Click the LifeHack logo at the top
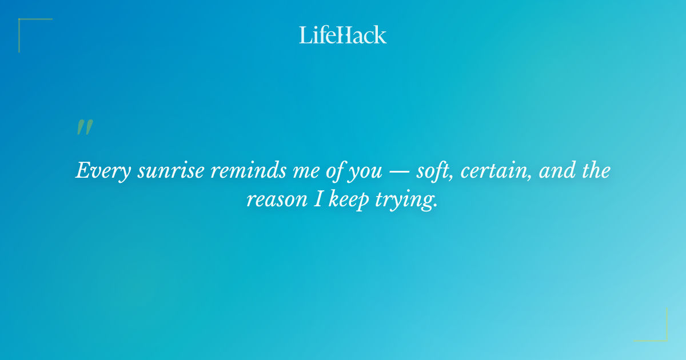pyautogui.click(x=343, y=35)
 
